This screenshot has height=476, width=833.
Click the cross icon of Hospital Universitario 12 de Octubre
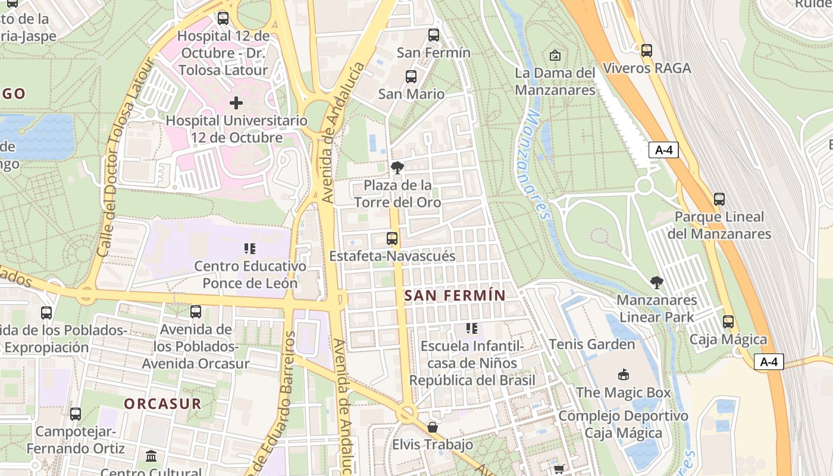point(236,103)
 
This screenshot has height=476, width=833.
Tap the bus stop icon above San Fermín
point(434,35)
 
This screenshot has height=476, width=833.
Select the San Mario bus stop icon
point(411,76)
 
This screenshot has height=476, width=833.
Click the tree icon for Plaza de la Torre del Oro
point(397,168)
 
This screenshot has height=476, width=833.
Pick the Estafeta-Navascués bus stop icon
point(392,239)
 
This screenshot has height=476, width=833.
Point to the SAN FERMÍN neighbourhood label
point(455,295)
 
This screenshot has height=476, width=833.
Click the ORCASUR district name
point(162,403)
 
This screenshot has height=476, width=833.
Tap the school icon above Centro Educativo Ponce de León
point(249,249)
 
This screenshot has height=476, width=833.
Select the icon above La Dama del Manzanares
point(555,55)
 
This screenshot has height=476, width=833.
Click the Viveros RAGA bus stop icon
point(647,51)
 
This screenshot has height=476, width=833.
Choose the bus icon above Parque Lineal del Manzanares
point(719,199)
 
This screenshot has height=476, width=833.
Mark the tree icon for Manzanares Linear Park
point(656,282)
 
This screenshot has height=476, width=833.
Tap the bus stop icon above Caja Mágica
point(728,322)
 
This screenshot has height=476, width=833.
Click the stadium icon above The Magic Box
point(624,375)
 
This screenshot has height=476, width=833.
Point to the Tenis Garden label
point(592,344)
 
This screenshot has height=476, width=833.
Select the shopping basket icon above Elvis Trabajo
point(433,427)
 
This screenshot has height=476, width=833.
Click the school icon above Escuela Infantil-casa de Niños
point(472,328)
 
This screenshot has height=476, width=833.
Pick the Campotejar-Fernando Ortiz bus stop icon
point(76,414)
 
